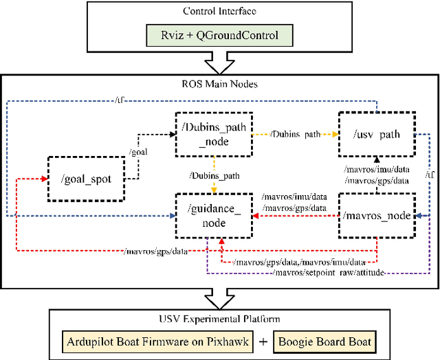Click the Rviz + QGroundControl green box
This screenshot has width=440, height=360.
[x=219, y=34]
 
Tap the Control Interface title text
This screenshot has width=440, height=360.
[x=219, y=11]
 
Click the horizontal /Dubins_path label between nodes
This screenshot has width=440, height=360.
[x=296, y=135]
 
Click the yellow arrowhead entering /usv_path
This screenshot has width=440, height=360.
[x=335, y=135]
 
